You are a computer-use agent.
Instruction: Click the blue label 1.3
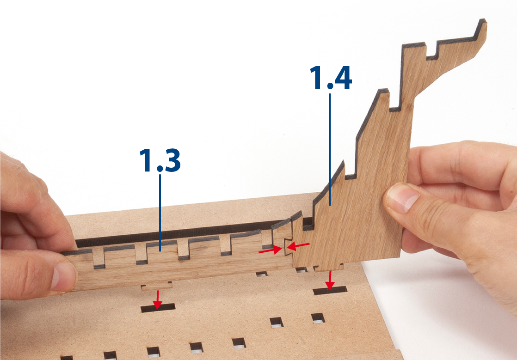pos(160,160)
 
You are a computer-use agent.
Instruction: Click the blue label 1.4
pos(331,78)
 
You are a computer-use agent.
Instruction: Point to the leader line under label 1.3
pos(160,213)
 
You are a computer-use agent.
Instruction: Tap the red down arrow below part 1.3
pos(158,300)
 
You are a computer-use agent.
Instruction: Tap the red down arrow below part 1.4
pos(329,281)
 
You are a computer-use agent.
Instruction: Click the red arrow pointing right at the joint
pos(271,250)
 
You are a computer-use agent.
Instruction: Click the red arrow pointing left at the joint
pos(298,246)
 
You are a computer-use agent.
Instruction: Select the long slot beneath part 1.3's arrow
pos(158,308)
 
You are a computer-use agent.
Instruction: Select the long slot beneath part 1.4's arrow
pos(330,290)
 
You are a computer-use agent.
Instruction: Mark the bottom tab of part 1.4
pos(328,268)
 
